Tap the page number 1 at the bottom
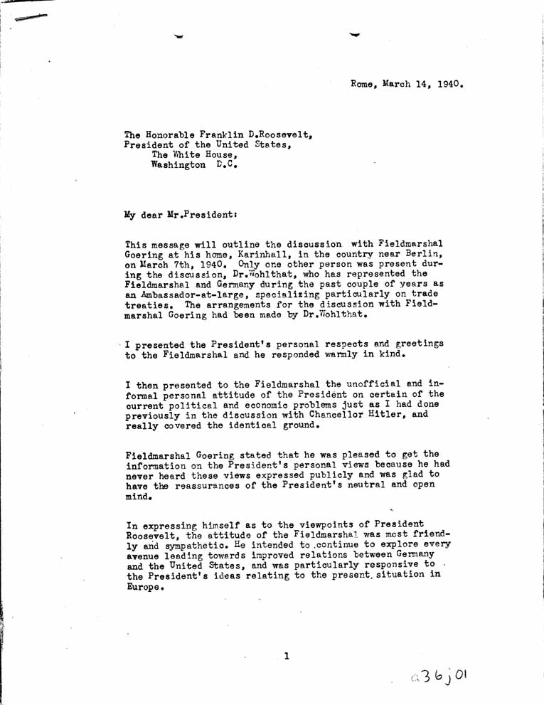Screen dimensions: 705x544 click(285, 656)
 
